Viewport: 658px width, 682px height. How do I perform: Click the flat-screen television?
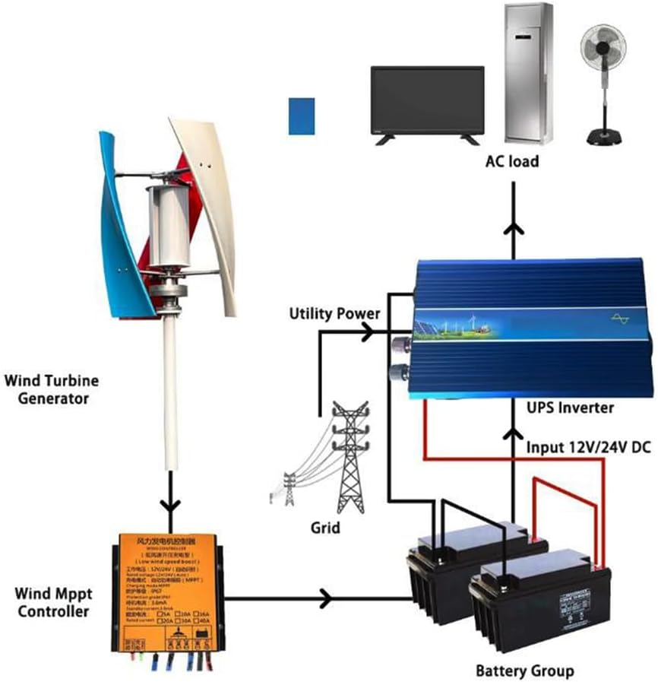[x=427, y=101]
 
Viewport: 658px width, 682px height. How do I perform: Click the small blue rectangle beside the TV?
[x=302, y=116]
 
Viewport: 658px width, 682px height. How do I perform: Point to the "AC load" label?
[x=513, y=161]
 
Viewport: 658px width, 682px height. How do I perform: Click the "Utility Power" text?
[x=334, y=313]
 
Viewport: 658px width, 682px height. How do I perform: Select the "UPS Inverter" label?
[x=571, y=408]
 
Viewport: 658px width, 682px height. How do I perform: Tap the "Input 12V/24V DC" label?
[x=589, y=447]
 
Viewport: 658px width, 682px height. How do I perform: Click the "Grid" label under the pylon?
[x=325, y=526]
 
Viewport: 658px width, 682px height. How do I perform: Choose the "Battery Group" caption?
[x=524, y=671]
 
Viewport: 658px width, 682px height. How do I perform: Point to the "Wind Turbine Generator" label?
[x=51, y=389]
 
